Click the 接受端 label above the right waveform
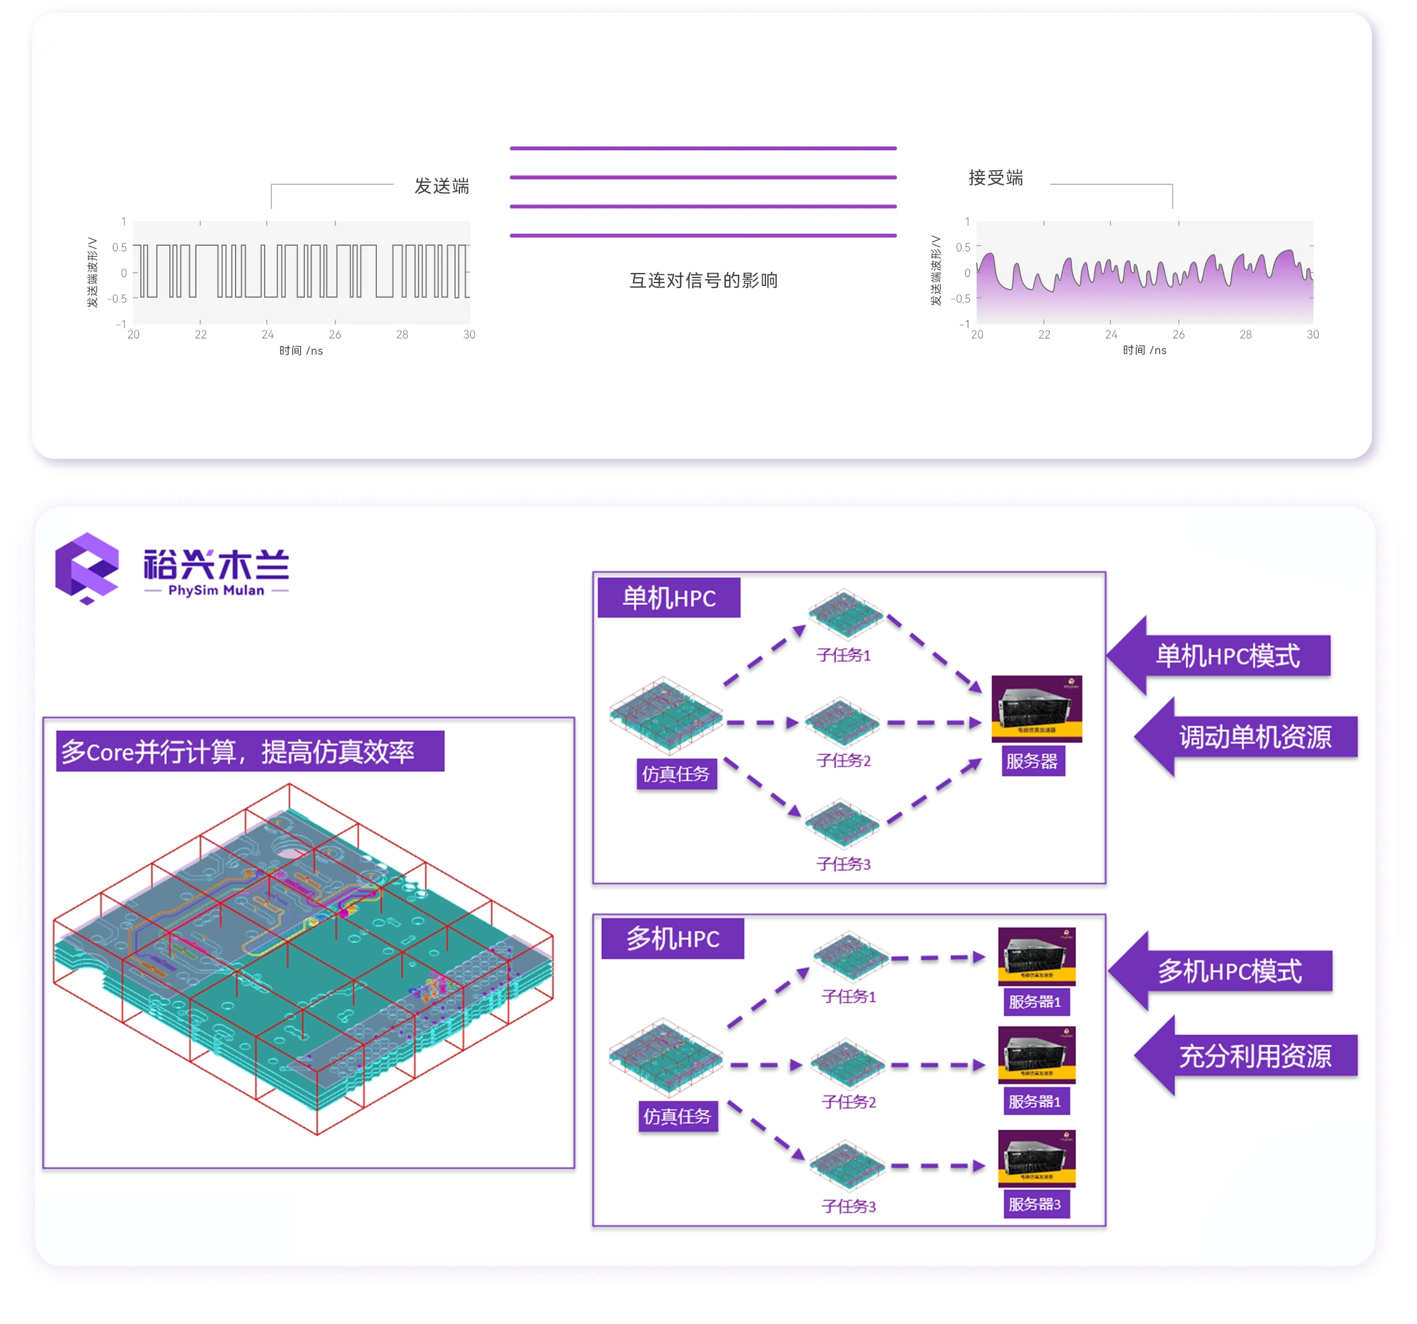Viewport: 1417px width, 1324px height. coord(995,178)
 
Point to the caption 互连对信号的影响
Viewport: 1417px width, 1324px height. coord(703,280)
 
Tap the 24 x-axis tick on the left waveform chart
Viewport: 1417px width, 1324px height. coord(267,334)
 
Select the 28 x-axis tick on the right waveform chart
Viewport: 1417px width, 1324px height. coord(1245,334)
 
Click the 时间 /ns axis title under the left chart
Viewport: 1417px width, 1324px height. coord(301,351)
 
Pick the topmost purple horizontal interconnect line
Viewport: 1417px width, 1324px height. coord(703,149)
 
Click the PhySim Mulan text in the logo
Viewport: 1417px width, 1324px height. coord(216,590)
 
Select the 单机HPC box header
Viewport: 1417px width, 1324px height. coord(669,598)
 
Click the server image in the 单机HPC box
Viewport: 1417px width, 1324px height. coord(1036,709)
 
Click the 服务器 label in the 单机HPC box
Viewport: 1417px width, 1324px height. coord(1032,762)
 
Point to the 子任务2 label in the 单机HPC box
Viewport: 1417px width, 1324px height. coord(843,761)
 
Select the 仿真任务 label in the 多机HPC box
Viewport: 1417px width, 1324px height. coord(677,1116)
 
